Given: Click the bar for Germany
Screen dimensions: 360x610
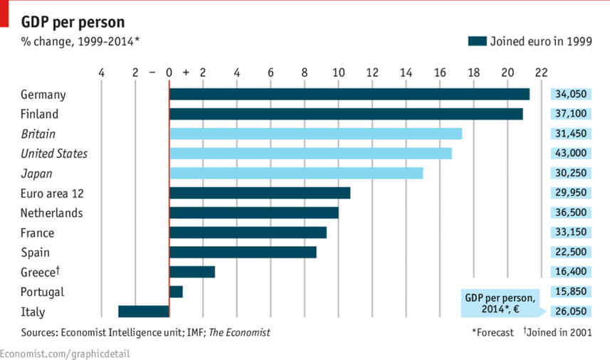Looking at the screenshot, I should (x=349, y=94).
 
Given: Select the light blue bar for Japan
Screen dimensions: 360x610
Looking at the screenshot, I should (x=296, y=173).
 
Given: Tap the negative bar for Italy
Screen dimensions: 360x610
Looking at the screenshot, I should (x=144, y=311).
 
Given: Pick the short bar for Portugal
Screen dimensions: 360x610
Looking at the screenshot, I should (x=177, y=292).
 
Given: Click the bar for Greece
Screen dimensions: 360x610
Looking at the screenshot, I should (x=192, y=272).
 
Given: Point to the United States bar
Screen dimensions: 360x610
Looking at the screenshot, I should (x=310, y=153).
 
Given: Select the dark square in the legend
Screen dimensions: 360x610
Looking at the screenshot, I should (x=476, y=41).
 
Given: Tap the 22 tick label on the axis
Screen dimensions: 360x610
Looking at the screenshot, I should (x=542, y=72).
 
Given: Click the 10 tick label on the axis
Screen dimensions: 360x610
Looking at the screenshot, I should (x=338, y=72).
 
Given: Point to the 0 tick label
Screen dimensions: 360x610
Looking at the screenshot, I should (x=169, y=72).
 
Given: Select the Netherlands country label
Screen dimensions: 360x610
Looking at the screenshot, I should (x=52, y=213).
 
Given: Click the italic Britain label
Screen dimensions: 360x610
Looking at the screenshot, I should (x=38, y=134).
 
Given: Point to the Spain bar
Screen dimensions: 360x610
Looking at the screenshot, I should (x=243, y=252).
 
